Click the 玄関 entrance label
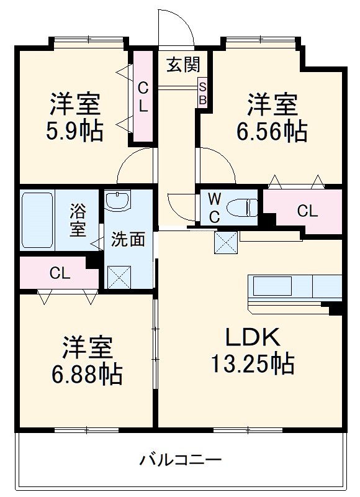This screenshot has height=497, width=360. [x=182, y=64]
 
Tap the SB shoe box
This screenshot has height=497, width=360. [x=202, y=92]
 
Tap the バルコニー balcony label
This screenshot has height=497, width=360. [x=180, y=460]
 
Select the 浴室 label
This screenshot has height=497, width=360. [x=78, y=219]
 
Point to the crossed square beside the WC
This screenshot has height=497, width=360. [x=224, y=242]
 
